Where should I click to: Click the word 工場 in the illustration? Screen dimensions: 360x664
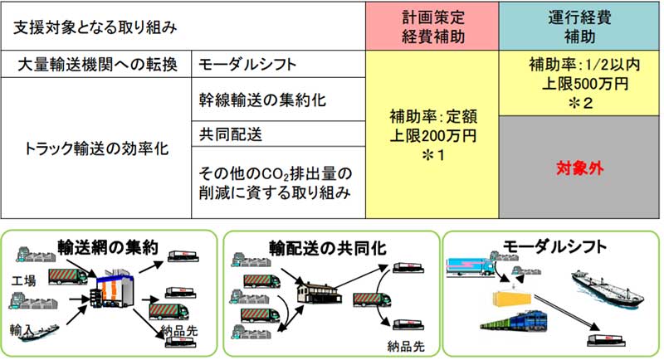coord(25,280)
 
